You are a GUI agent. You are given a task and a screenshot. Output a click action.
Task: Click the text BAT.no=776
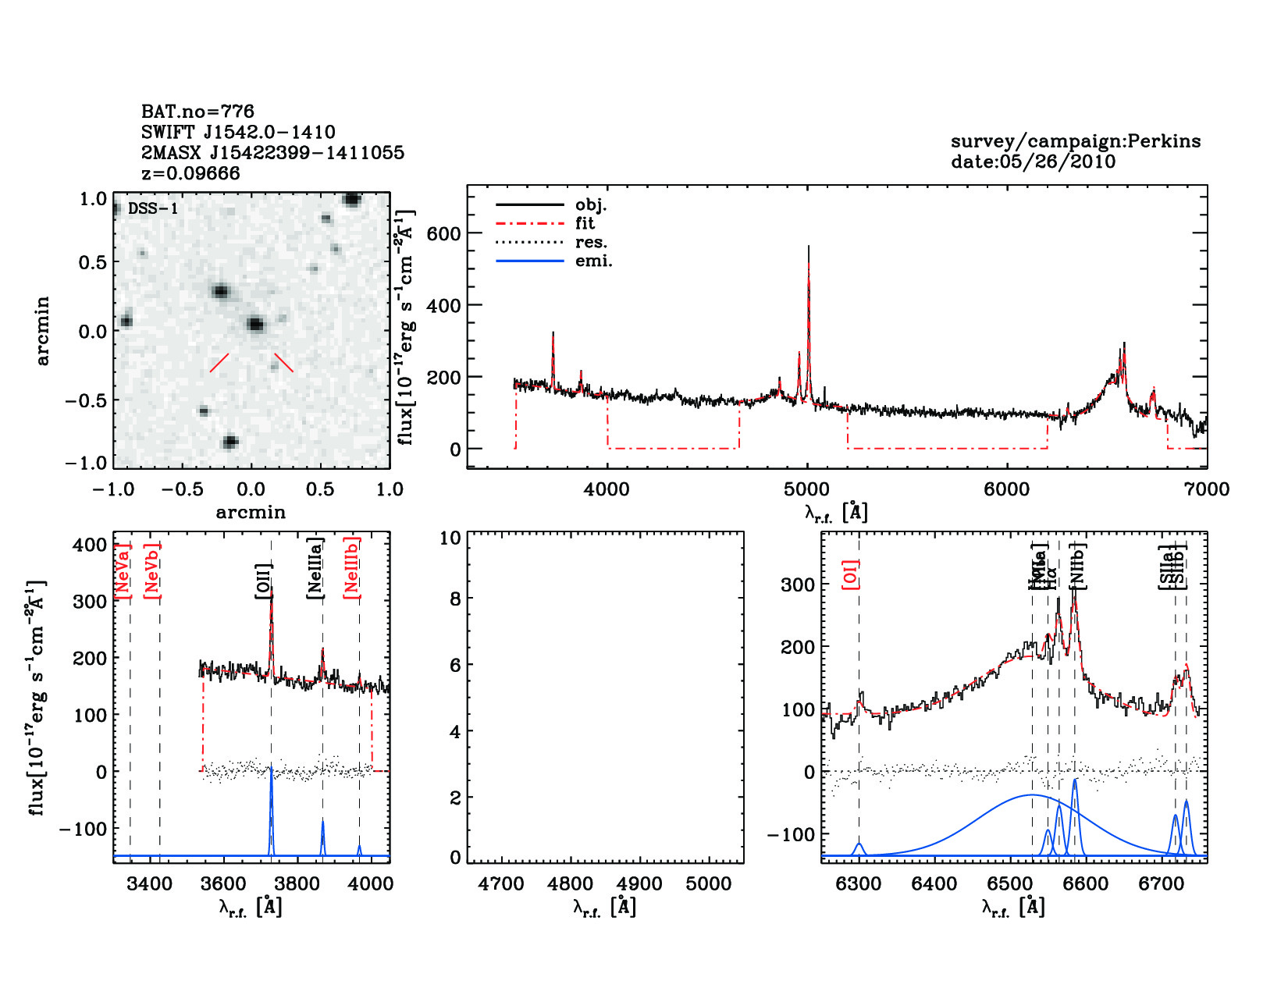[x=197, y=112]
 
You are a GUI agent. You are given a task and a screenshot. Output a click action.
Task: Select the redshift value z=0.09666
[x=190, y=173]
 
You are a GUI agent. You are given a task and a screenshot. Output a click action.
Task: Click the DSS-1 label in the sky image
[x=153, y=208]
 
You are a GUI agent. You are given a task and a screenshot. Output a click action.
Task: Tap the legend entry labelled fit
[x=585, y=223]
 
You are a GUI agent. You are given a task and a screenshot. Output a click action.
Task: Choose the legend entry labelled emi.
[x=593, y=261]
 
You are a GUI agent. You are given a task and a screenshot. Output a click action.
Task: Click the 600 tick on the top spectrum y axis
[x=443, y=233]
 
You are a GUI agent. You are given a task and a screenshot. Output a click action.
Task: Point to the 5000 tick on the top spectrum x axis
[x=806, y=489]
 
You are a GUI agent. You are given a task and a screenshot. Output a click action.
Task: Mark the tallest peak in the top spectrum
[x=808, y=247]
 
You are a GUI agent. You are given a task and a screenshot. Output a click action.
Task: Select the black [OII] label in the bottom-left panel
[x=263, y=581]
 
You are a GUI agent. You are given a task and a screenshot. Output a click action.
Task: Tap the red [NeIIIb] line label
[x=352, y=567]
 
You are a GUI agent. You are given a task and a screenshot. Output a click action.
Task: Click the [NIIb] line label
[x=1077, y=565]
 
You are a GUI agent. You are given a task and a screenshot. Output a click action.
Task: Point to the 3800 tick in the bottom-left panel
[x=297, y=883]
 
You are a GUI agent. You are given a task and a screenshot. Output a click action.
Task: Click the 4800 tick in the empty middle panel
[x=570, y=883]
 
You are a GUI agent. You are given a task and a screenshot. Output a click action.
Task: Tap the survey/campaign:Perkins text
[x=1075, y=141]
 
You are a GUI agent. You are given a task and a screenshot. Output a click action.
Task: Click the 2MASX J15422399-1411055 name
[x=272, y=153]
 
